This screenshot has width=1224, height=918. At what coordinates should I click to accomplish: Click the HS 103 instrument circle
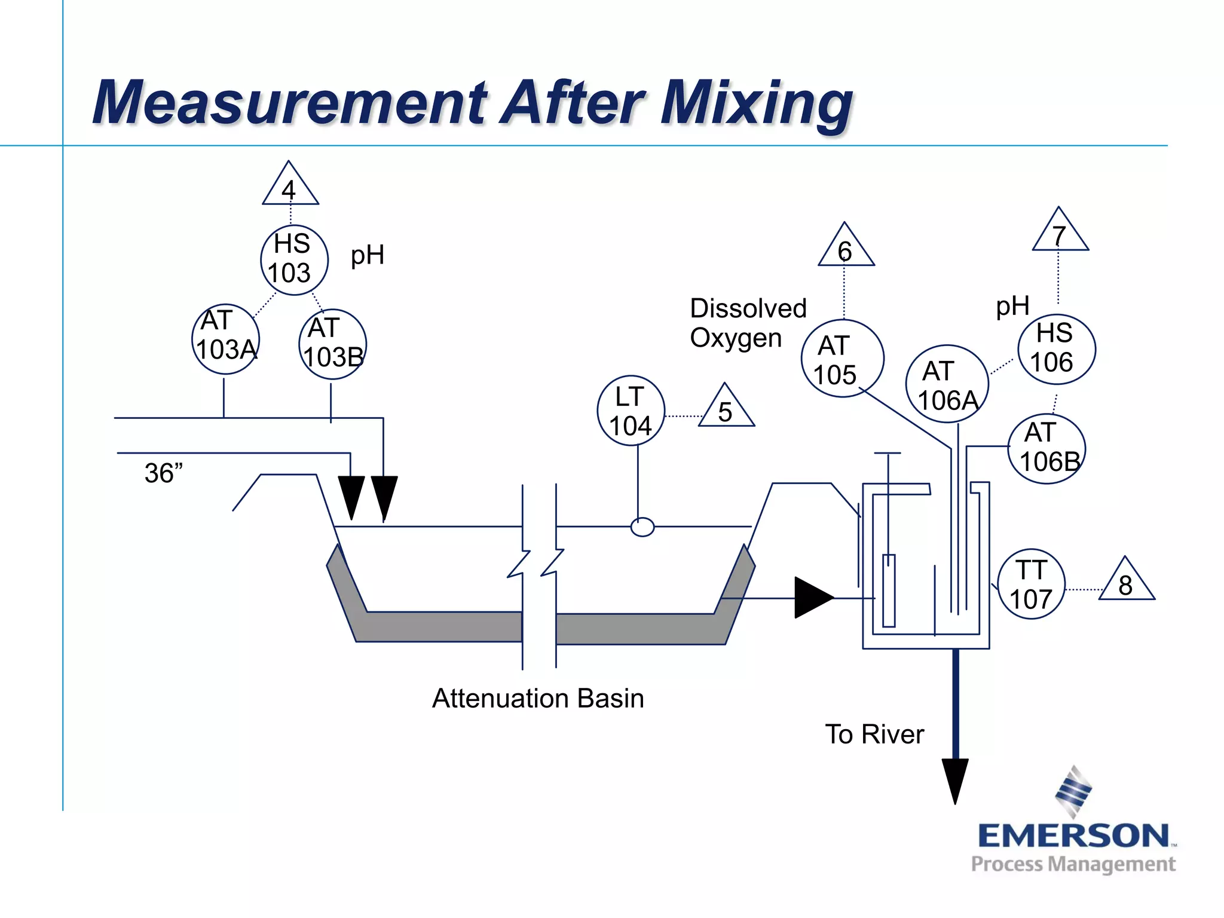click(x=294, y=259)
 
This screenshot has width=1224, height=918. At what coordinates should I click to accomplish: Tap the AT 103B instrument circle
click(x=332, y=344)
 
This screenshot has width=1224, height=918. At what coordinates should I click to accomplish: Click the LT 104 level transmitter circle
click(x=631, y=411)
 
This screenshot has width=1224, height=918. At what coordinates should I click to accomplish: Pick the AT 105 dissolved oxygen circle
click(x=841, y=359)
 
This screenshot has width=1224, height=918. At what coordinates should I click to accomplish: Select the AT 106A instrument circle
click(x=947, y=384)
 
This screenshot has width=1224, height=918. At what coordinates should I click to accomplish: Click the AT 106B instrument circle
click(x=1047, y=448)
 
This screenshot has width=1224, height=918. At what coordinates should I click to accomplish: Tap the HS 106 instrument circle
click(x=1056, y=348)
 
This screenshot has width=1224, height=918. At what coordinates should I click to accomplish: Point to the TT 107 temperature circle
click(x=1031, y=584)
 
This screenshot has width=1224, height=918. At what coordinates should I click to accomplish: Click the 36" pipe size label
click(x=163, y=473)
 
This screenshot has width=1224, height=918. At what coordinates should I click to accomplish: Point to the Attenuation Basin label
click(x=538, y=698)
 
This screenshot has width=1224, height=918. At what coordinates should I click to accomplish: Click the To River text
click(x=874, y=734)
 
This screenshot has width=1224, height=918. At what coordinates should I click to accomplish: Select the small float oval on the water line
click(x=642, y=527)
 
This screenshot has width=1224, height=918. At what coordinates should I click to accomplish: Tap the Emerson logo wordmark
click(x=1073, y=836)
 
